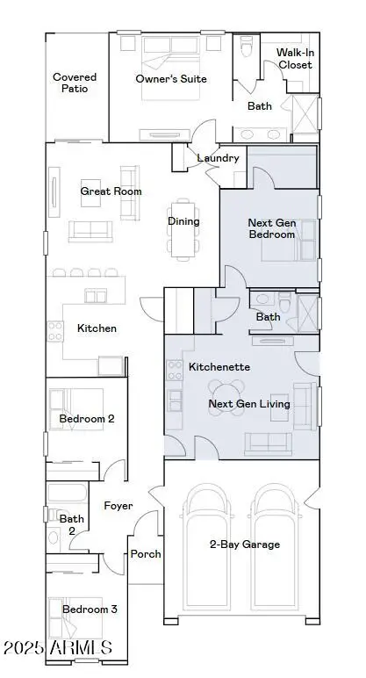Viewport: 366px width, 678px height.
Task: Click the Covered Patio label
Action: coord(75,83)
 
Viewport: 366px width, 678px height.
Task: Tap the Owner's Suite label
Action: coord(171,79)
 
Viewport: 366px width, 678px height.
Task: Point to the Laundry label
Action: coord(219,158)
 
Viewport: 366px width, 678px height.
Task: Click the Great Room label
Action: coord(111,191)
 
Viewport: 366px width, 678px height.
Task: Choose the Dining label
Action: coord(183,221)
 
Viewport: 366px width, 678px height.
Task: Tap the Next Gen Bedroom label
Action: coord(271,229)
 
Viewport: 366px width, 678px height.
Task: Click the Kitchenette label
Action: coord(219,366)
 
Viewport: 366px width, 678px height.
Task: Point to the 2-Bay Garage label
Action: coord(245,545)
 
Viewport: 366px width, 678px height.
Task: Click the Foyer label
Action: coord(118,506)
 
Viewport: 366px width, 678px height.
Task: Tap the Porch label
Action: coord(146,554)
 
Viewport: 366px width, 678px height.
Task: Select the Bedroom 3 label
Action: coord(90,609)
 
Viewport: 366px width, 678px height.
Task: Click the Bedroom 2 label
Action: coord(87,419)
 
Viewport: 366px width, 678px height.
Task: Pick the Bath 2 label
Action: coord(72,525)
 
